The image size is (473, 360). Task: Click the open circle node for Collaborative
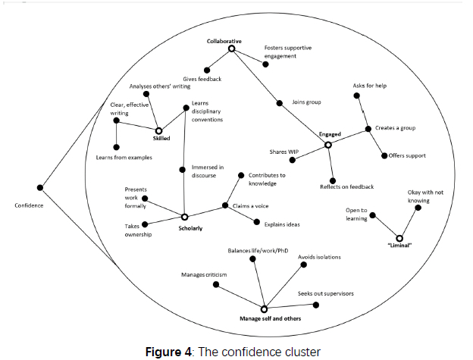pos(232,49)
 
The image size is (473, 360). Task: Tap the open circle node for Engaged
pos(328,145)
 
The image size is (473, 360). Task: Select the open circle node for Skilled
pos(159,130)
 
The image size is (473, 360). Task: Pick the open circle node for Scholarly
pos(184,216)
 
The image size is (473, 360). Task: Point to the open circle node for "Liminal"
pos(399,238)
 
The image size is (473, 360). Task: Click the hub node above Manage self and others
pos(264,308)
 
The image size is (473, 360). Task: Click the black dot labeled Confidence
pos(39,188)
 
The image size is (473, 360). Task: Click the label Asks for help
pos(370,86)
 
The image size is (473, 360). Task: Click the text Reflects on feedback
pos(346,186)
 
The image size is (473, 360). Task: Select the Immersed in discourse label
pos(208,171)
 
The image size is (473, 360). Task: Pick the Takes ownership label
pos(138,230)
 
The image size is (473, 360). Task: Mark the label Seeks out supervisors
pos(325,293)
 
